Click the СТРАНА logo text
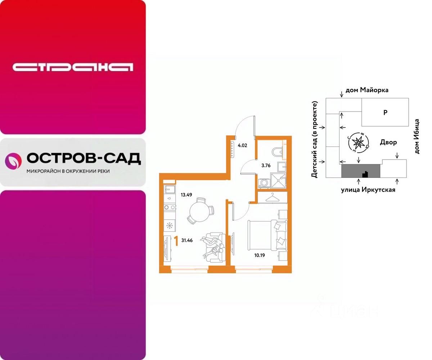tap(73, 67)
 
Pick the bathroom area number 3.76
tap(266, 166)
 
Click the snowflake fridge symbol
tap(169, 226)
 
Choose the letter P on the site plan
tap(385, 112)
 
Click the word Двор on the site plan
tap(388, 142)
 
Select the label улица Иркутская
tap(368, 190)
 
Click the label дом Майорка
tap(367, 90)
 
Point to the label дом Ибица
tap(417, 136)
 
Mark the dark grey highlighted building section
tap(360, 171)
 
